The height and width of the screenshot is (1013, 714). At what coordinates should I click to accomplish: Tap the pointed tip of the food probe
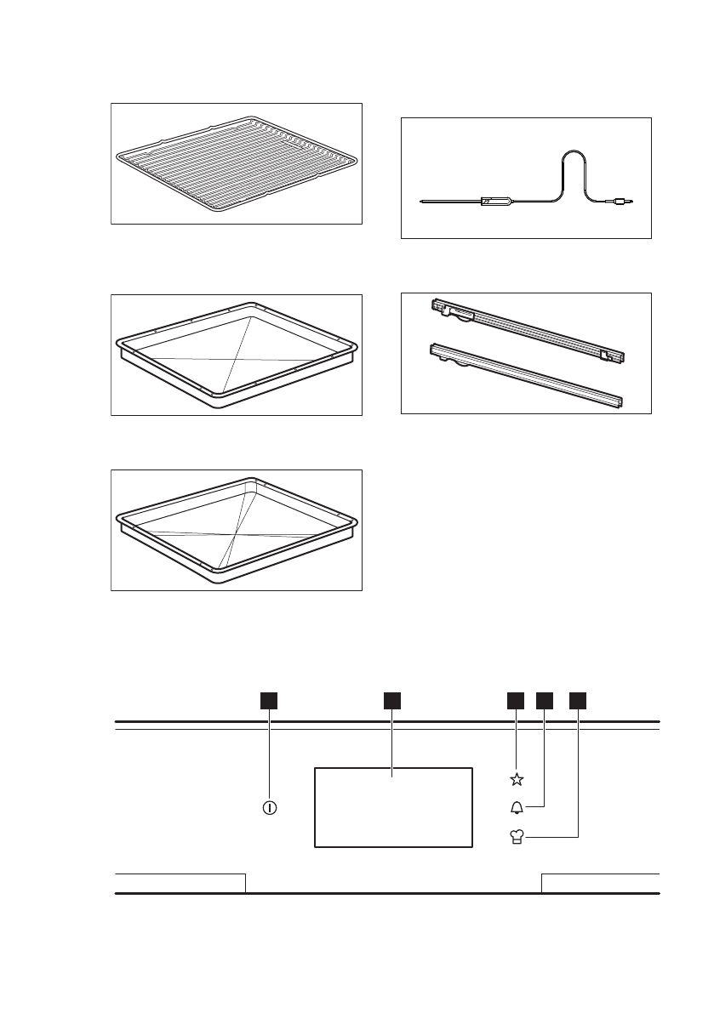tap(422, 202)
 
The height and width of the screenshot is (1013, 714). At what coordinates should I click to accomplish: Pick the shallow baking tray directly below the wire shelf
tap(236, 355)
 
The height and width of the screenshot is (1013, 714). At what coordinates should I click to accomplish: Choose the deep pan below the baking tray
tap(236, 530)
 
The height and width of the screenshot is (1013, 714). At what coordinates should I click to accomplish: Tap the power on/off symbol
tap(270, 807)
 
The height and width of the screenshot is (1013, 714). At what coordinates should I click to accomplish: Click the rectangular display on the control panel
tap(393, 806)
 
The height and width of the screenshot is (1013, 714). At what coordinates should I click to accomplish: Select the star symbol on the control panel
tap(517, 779)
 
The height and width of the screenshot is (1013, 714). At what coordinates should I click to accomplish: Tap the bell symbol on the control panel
tap(517, 808)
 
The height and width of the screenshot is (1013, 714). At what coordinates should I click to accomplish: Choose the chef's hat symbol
tap(517, 839)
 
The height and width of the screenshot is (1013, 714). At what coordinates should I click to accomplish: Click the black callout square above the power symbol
tap(270, 700)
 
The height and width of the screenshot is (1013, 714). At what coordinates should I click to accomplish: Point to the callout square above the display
tap(391, 700)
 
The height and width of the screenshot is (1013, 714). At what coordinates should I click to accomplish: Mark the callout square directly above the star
tap(516, 700)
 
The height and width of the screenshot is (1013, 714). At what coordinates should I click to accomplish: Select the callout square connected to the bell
tap(545, 700)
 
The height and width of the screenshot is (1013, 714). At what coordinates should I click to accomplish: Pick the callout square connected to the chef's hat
tap(579, 700)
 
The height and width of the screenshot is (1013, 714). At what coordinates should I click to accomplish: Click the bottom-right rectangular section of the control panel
tap(601, 883)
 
